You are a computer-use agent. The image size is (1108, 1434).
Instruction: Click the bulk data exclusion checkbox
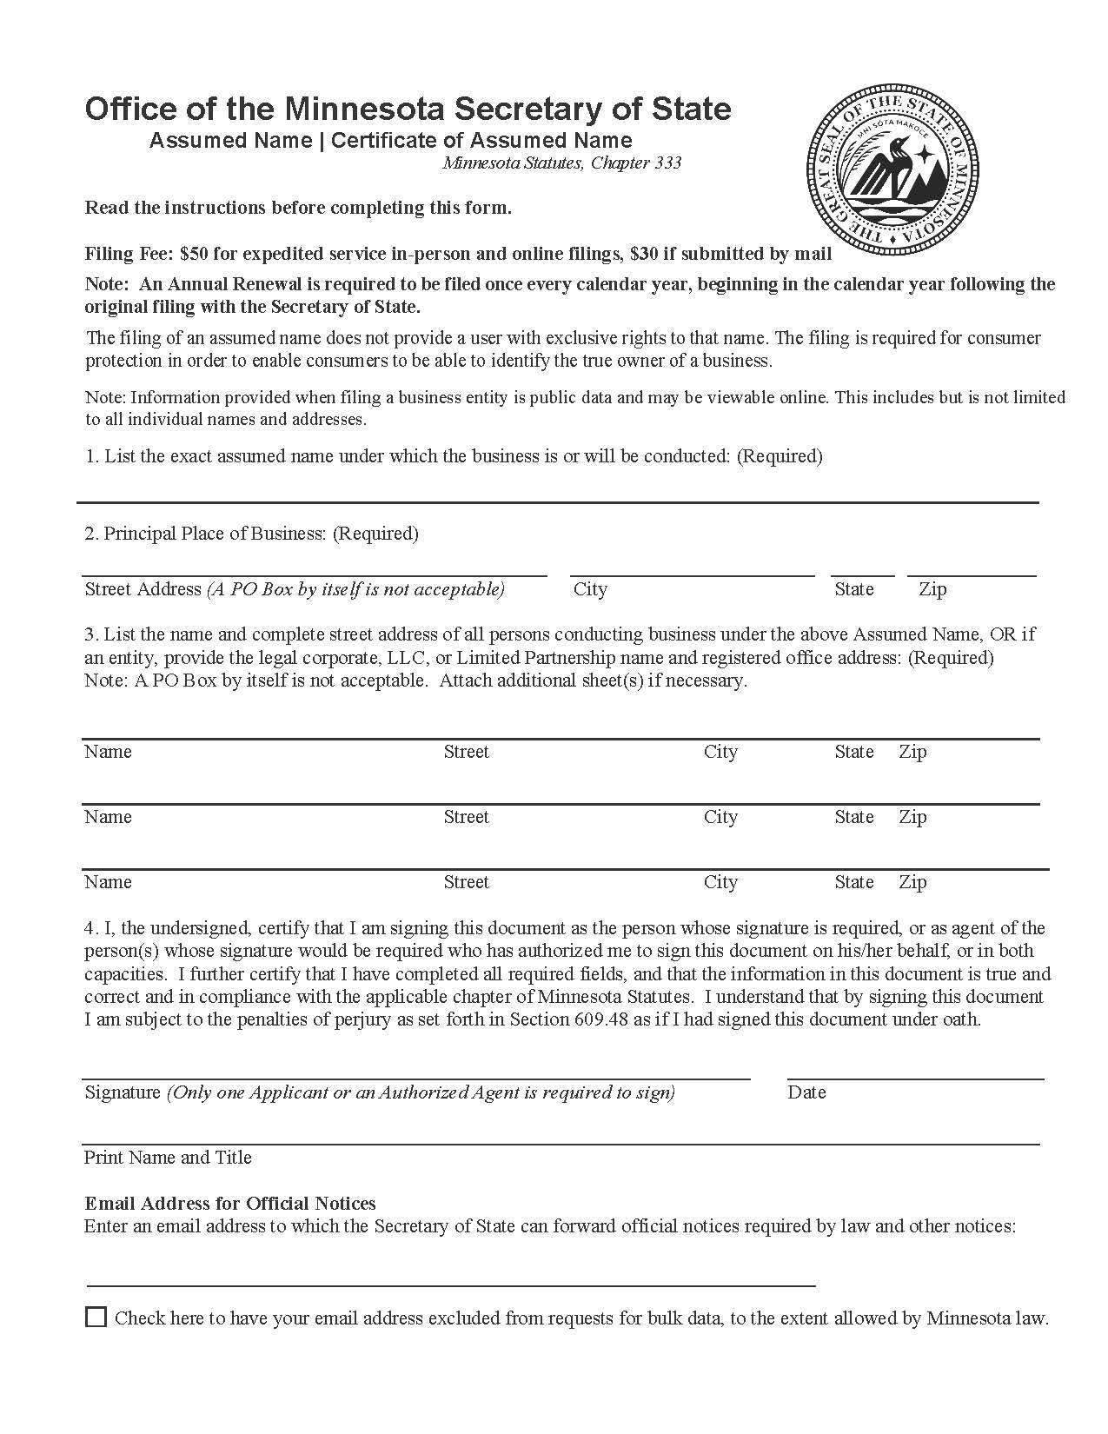coord(96,1317)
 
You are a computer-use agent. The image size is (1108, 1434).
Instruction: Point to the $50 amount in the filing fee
coord(194,254)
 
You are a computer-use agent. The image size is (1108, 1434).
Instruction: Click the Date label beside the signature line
coord(806,1092)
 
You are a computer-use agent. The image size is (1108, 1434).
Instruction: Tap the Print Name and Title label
coord(168,1158)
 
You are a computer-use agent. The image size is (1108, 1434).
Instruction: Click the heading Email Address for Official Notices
coord(230,1204)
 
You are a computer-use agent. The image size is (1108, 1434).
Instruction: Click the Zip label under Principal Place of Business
coord(932,589)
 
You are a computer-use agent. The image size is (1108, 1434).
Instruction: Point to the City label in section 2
coord(590,589)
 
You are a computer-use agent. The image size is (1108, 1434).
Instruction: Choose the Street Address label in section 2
coord(143,589)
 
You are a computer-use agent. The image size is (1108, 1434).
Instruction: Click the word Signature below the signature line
coord(123,1092)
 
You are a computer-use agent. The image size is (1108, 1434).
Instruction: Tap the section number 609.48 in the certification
coord(600,1019)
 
